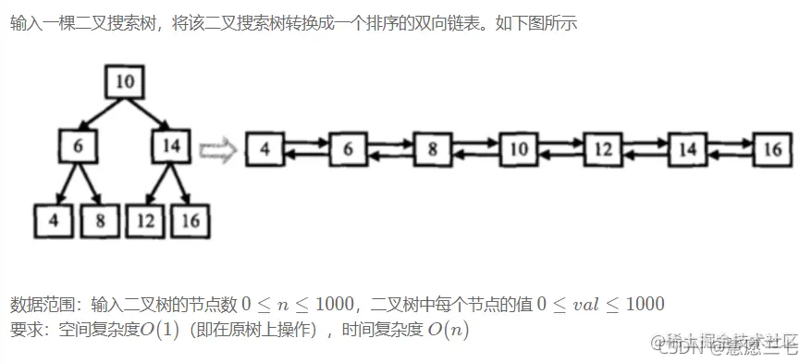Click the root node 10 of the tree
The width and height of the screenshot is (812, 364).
[127, 82]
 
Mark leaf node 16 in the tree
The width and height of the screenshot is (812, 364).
[191, 220]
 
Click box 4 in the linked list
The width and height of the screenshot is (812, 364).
[265, 148]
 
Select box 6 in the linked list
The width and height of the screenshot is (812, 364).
[348, 148]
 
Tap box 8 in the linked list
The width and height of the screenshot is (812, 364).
[432, 148]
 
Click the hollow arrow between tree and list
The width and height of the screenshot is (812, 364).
[218, 148]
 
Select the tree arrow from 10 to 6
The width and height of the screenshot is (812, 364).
[99, 113]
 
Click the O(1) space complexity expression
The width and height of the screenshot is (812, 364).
[159, 330]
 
